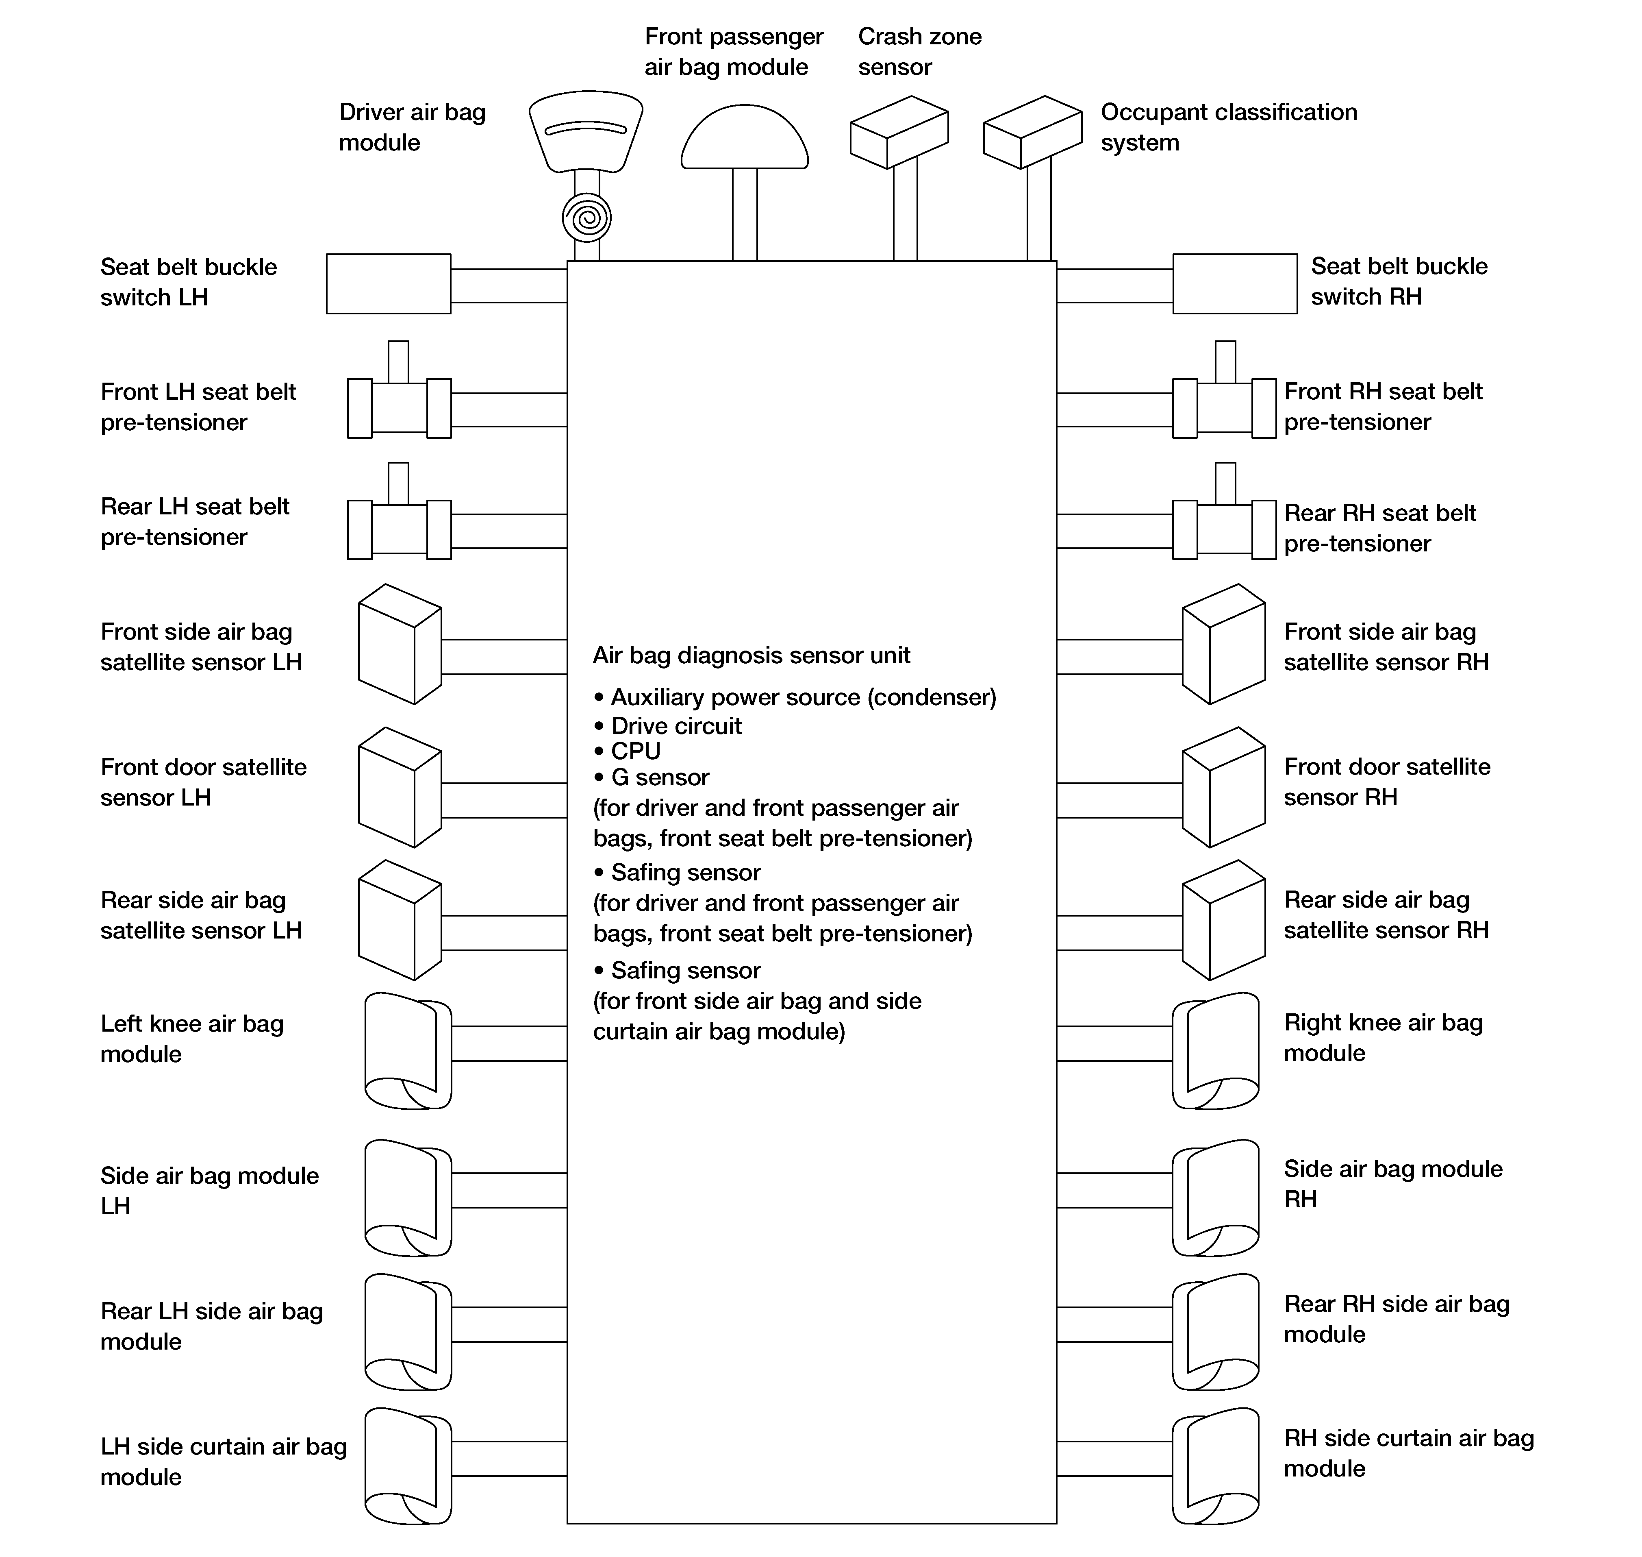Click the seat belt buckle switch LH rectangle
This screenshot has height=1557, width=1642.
pyautogui.click(x=388, y=284)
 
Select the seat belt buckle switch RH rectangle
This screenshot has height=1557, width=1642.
pyautogui.click(x=1235, y=284)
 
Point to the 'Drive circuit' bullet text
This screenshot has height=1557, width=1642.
pyautogui.click(x=676, y=726)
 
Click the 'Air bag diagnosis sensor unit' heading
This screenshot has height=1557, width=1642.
pyautogui.click(x=751, y=655)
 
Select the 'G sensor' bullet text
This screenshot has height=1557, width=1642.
pyautogui.click(x=660, y=777)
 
